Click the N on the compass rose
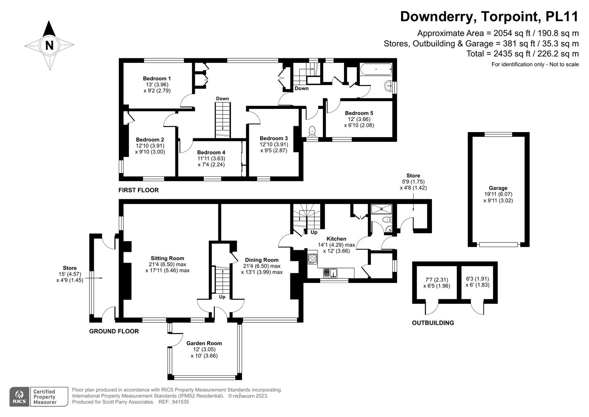tap(49, 46)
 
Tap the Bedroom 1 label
tap(157, 78)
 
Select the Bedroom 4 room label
tap(211, 153)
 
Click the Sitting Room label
tap(167, 258)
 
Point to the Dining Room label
tap(262, 260)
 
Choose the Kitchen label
tap(336, 239)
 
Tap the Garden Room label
tap(204, 343)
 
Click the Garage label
tap(498, 188)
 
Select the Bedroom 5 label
tap(359, 113)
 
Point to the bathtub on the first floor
tap(376, 70)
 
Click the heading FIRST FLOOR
tap(138, 190)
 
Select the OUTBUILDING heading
tap(433, 323)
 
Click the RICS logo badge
tap(19, 397)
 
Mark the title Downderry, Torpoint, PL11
tap(489, 17)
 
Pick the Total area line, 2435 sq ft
tap(522, 54)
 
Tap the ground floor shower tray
tap(381, 209)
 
